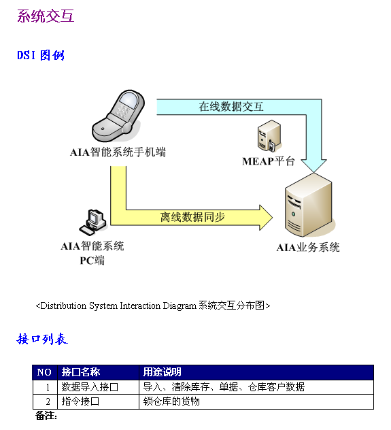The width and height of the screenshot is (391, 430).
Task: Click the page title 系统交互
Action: point(46,16)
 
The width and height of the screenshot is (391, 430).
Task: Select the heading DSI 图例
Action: point(41,55)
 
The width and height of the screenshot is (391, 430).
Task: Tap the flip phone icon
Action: point(118,116)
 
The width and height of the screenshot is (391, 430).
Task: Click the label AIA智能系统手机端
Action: point(118,152)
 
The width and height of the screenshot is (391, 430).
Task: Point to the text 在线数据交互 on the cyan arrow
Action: point(231,106)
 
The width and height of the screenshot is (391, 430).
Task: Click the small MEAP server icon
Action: point(269,136)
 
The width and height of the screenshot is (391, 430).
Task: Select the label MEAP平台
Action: point(268,161)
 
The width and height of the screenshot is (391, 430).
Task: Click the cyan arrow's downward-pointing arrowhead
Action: point(313,165)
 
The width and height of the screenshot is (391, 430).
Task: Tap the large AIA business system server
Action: point(309,205)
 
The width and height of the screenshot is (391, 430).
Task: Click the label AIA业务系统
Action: point(308,248)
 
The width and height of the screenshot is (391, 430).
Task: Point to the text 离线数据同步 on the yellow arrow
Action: point(192,217)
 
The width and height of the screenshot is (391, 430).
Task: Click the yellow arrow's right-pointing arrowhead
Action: point(266,218)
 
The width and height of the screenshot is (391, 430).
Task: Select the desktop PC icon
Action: point(93,222)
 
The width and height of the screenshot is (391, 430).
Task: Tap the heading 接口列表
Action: point(42,339)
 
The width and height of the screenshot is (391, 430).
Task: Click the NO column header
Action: point(44,372)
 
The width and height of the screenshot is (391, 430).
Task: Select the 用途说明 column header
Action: point(162,372)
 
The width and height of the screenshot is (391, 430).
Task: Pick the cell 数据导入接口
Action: point(90,387)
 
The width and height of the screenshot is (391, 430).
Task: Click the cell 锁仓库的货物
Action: point(171,401)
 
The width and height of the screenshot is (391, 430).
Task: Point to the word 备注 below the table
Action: point(46,416)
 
